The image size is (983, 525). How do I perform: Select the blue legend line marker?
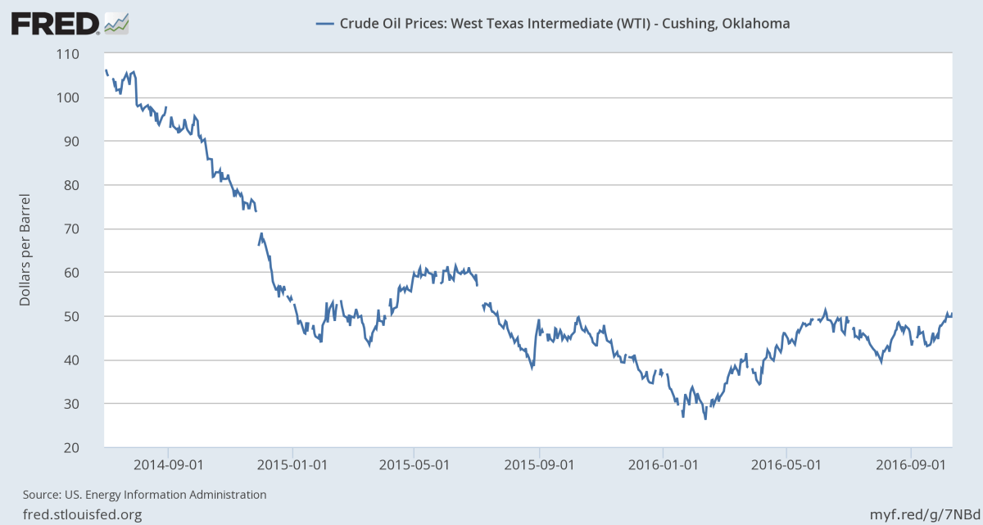coord(324,24)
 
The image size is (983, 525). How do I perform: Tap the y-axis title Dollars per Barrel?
coord(25,251)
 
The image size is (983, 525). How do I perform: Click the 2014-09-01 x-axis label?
coord(167,464)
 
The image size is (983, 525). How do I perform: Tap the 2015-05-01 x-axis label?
coord(414,464)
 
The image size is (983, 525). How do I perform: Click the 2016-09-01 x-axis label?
coord(911,464)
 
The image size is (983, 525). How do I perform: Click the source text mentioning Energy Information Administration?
coord(144,495)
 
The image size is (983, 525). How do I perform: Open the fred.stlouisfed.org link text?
coord(76,514)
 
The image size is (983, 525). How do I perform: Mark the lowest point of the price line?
coord(705,419)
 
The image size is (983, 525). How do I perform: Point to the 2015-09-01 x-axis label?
coord(540,464)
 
